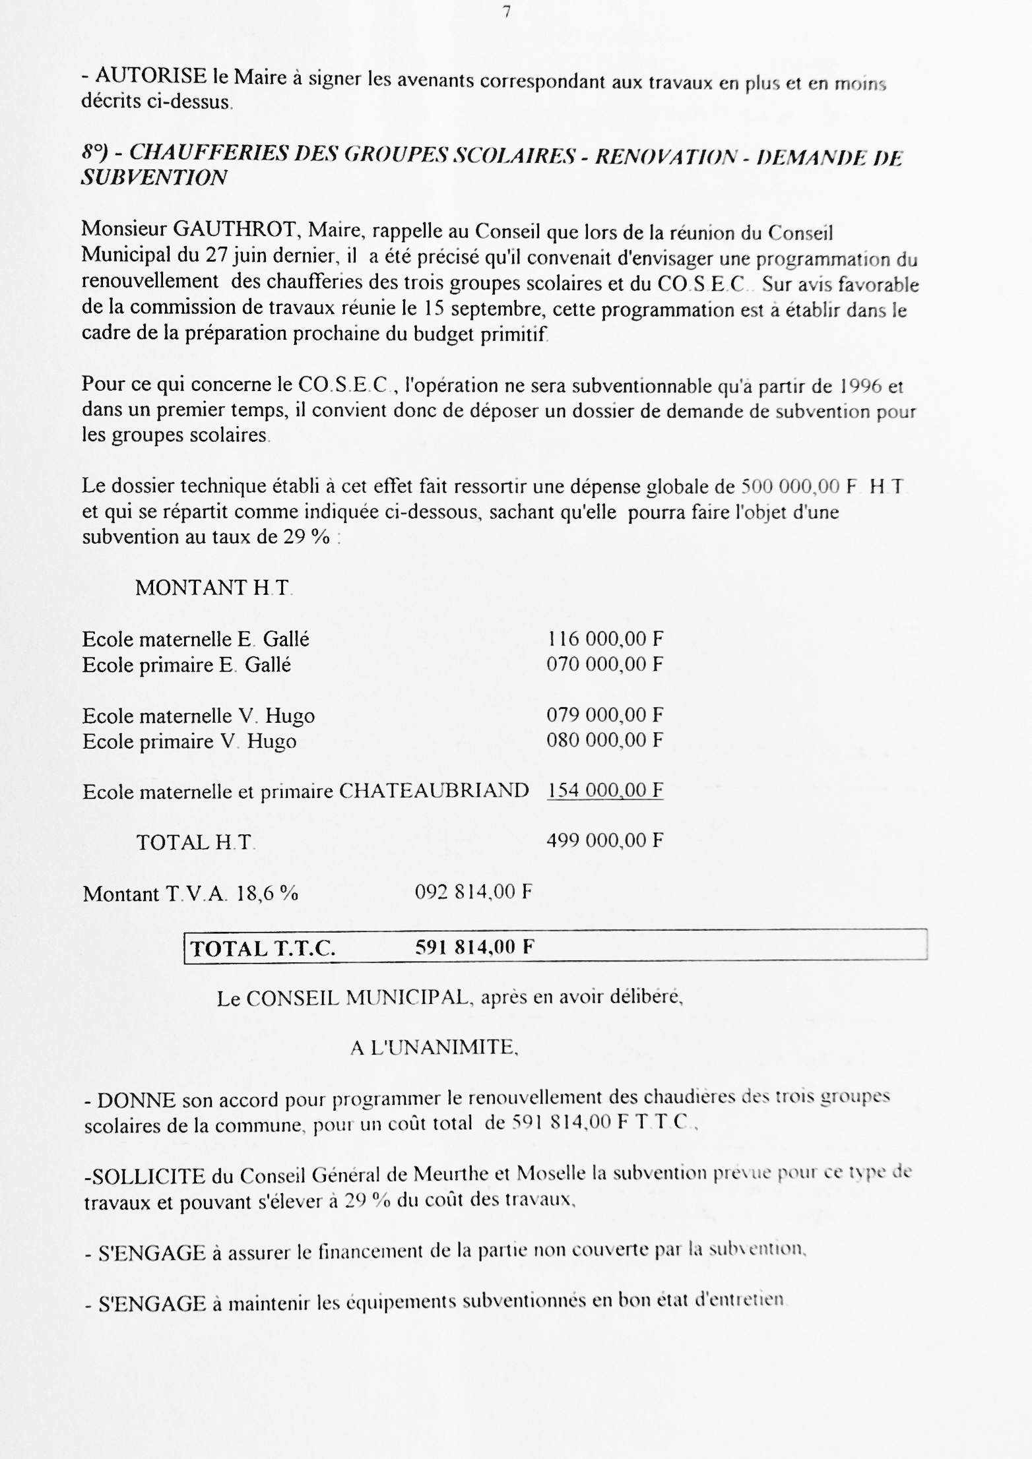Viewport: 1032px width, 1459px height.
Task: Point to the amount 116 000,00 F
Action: [604, 638]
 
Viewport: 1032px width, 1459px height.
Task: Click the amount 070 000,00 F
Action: [604, 664]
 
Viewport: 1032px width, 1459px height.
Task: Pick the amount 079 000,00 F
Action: [604, 715]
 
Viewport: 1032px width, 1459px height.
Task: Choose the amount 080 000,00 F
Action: [604, 740]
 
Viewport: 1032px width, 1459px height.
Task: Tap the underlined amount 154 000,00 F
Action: [604, 790]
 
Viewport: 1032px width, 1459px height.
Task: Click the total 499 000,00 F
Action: [604, 840]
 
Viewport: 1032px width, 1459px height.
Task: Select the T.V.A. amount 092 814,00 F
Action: [473, 892]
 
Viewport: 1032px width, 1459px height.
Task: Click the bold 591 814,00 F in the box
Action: [474, 948]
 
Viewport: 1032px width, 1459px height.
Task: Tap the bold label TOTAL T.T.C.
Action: [263, 948]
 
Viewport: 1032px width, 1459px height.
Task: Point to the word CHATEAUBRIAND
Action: [434, 790]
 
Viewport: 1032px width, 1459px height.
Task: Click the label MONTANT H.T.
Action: [213, 588]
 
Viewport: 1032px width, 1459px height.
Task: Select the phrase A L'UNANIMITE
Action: [433, 1047]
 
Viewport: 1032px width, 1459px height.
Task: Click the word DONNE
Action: [137, 1100]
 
